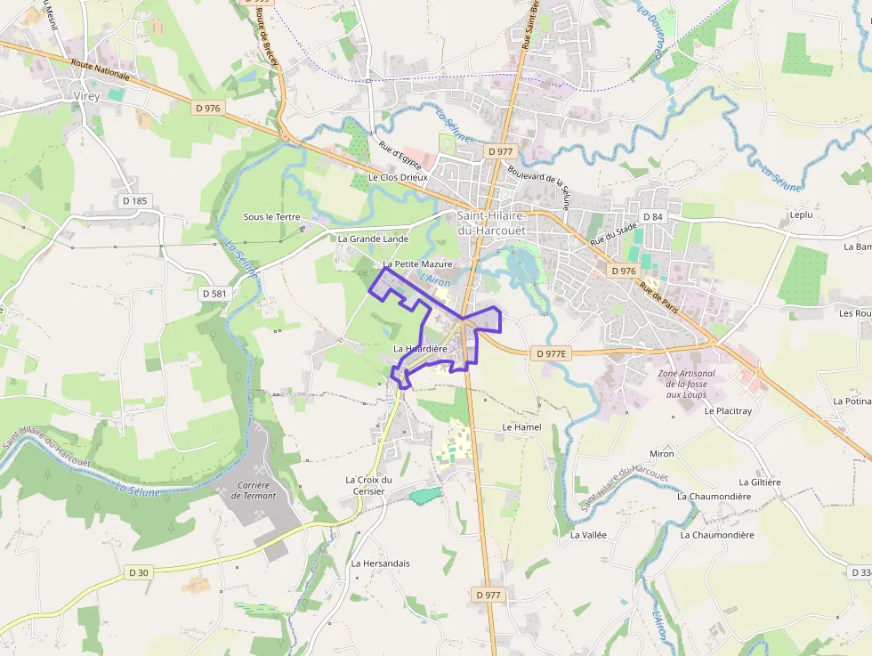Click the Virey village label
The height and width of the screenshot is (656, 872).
(x=86, y=94)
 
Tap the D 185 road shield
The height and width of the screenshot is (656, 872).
(x=134, y=200)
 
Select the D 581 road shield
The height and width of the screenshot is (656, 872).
(x=214, y=293)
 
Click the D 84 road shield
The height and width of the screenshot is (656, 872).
(x=652, y=217)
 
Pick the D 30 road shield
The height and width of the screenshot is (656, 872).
(x=138, y=572)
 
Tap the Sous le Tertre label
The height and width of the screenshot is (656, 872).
(x=272, y=217)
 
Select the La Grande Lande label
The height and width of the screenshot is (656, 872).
(x=373, y=239)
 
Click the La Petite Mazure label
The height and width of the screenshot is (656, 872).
(x=417, y=264)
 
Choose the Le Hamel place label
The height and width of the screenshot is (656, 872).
(x=521, y=427)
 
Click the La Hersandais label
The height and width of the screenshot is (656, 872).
(x=380, y=563)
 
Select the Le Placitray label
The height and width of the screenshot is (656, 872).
(x=728, y=411)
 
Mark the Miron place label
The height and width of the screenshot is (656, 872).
(x=662, y=454)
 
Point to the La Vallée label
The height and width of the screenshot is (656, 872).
(x=588, y=535)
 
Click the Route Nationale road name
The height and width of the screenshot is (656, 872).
(x=100, y=70)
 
